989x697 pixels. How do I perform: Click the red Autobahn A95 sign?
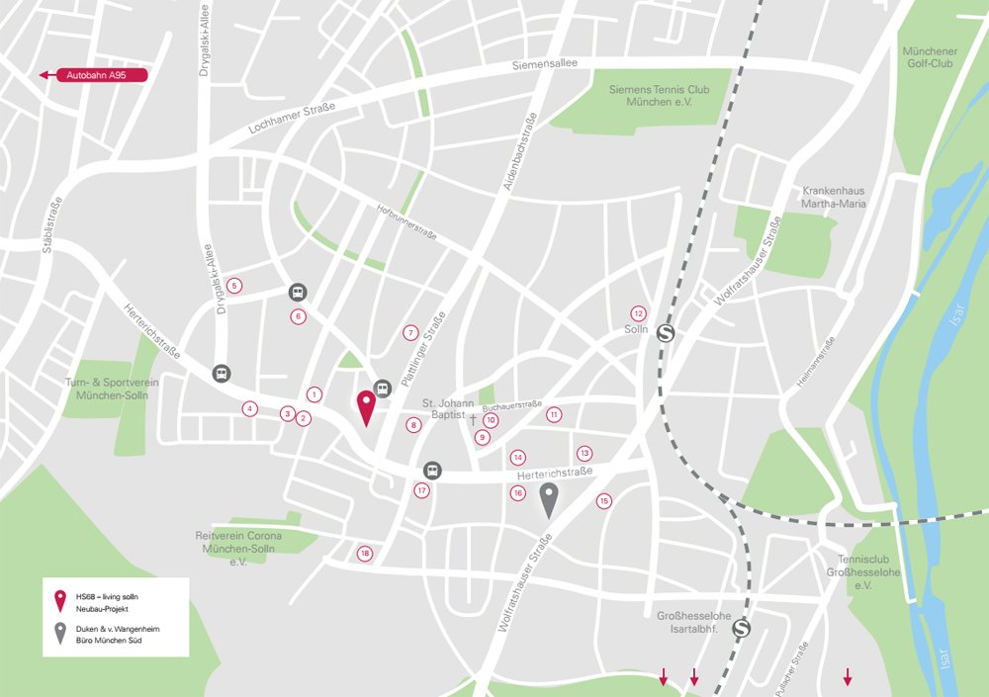click(x=94, y=74)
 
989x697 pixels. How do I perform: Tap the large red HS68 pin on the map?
click(x=366, y=406)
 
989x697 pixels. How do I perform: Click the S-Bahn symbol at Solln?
click(x=666, y=333)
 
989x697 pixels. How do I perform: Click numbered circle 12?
click(x=639, y=312)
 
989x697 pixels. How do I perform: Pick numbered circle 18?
click(x=365, y=554)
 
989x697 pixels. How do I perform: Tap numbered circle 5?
click(x=234, y=286)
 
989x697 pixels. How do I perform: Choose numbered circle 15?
click(x=604, y=501)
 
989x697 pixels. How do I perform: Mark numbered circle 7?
click(x=411, y=332)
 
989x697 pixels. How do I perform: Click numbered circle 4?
click(x=250, y=408)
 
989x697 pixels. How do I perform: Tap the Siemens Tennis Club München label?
click(x=660, y=96)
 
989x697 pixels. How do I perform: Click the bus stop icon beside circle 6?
click(x=297, y=293)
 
